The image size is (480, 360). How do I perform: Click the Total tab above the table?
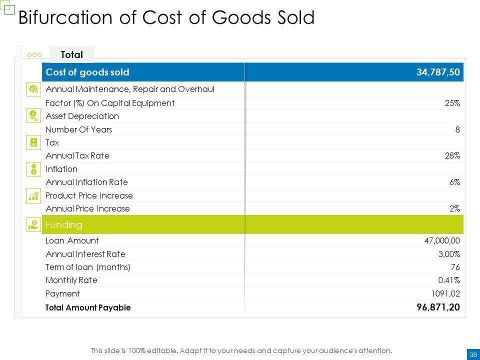[x=71, y=54]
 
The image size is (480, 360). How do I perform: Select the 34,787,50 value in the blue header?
[x=437, y=72]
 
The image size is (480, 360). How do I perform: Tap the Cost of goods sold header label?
[x=87, y=72]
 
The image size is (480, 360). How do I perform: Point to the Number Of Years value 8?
[x=457, y=129]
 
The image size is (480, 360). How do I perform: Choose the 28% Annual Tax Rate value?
[x=452, y=155]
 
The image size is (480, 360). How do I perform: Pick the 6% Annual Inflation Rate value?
[x=454, y=182]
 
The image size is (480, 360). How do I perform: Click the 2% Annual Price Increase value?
[x=454, y=208]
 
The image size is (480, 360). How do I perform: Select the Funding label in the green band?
[x=64, y=224]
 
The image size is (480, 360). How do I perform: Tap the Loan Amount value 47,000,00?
[x=442, y=240]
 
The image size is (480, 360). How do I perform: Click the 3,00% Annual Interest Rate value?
[x=448, y=254]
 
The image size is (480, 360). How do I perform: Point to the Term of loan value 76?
[x=455, y=267]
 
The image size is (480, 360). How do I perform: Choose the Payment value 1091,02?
[x=446, y=293]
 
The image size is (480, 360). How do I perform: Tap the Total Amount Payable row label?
[x=88, y=308]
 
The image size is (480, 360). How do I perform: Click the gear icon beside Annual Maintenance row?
[x=33, y=89]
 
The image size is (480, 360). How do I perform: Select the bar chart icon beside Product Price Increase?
[x=33, y=195]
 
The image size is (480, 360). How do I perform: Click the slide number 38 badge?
[x=472, y=354]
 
